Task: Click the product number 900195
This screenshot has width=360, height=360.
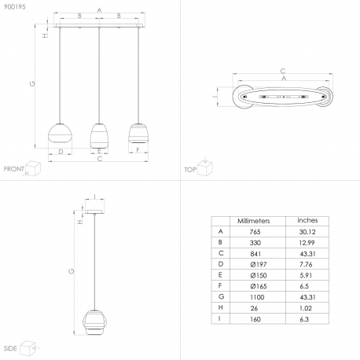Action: [x=15, y=7]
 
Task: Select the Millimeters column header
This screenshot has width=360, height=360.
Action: [x=253, y=221]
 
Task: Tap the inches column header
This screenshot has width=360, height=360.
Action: [x=307, y=220]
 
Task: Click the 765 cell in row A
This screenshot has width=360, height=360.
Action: [x=255, y=232]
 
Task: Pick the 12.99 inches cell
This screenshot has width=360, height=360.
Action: [x=307, y=243]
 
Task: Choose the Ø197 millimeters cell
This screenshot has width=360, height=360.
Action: [x=259, y=264]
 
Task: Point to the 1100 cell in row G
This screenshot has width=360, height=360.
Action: [x=257, y=297]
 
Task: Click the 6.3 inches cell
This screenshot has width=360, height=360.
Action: [x=304, y=319]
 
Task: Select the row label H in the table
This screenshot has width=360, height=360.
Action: [x=221, y=307]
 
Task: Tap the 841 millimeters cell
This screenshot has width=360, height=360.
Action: [x=255, y=254]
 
